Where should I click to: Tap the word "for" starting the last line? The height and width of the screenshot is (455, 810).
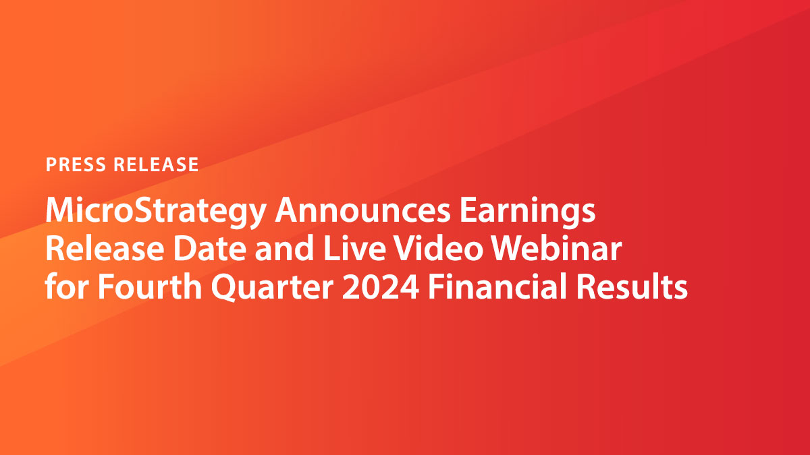pyautogui.click(x=66, y=288)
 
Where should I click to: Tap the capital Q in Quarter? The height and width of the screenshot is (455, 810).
pyautogui.click(x=226, y=289)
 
